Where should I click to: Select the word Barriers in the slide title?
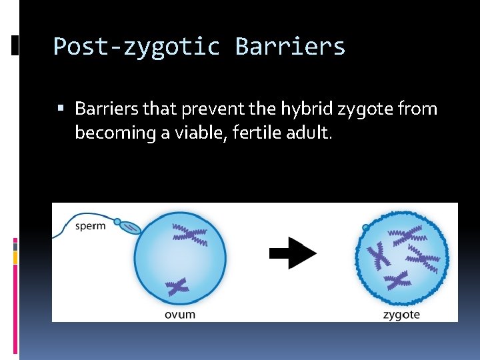coord(290,47)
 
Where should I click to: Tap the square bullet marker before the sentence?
coord(61,108)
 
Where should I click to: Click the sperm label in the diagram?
coord(90,225)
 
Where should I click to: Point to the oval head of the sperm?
coord(130,227)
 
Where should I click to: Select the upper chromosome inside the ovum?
coord(190,234)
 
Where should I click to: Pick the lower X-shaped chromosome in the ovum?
coord(178,287)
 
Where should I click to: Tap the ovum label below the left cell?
coord(180,314)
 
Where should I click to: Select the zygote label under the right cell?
coord(401,314)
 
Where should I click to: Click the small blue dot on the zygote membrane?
coord(366,228)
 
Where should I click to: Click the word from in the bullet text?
coord(421,108)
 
